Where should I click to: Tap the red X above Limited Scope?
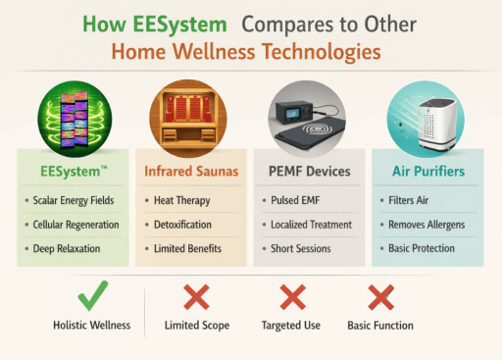(x=196, y=296)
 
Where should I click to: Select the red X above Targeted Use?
(x=292, y=296)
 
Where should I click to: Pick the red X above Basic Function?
(x=380, y=296)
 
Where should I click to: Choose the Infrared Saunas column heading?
(x=194, y=172)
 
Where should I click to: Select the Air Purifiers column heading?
(x=428, y=172)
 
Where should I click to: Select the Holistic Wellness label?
(x=91, y=325)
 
